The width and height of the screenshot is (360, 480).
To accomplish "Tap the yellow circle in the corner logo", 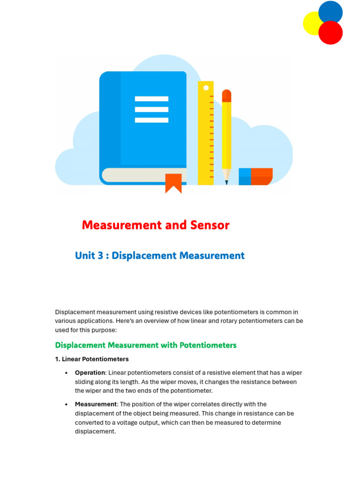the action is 312,23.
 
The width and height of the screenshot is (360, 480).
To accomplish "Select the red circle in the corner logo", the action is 330,33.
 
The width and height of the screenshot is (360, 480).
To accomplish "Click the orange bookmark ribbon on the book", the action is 173,183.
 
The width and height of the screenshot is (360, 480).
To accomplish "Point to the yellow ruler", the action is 206,136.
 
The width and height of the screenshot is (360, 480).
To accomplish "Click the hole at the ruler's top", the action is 206,87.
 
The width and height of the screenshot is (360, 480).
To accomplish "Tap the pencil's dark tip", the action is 226,182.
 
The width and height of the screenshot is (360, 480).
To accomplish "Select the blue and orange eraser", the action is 255,176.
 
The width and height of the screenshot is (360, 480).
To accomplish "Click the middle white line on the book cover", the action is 151,110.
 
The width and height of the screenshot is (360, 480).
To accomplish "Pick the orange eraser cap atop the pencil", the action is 226,96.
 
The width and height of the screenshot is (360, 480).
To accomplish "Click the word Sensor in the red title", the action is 210,225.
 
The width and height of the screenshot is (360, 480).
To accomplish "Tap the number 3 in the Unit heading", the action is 100,256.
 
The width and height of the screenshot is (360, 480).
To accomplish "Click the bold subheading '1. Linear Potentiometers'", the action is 92,359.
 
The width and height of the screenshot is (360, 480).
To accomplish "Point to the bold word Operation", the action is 90,373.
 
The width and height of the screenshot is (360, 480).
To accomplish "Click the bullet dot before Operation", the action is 66,373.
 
